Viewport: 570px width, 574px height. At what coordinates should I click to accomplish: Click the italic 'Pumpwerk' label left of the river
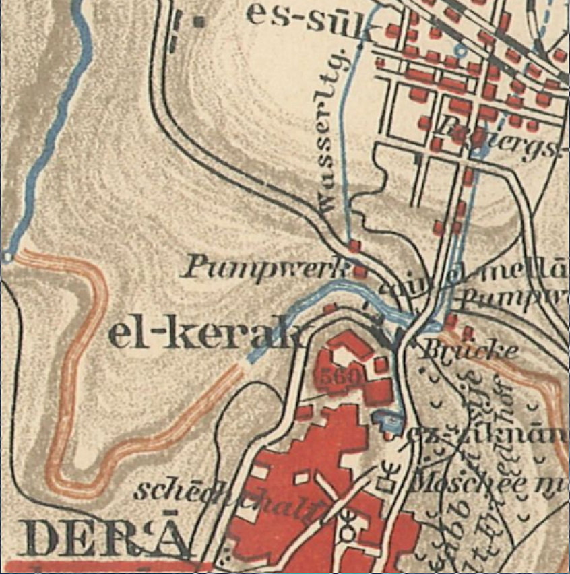[265, 268]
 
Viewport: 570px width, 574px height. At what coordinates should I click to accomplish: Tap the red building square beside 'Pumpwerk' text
[360, 272]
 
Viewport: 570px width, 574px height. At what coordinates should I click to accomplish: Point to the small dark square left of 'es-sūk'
[198, 22]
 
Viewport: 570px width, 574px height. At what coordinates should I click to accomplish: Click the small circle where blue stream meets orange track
[7, 256]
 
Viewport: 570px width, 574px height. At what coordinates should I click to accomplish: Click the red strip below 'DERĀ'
[101, 567]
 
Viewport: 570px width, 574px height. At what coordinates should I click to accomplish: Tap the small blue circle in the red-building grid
[460, 50]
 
